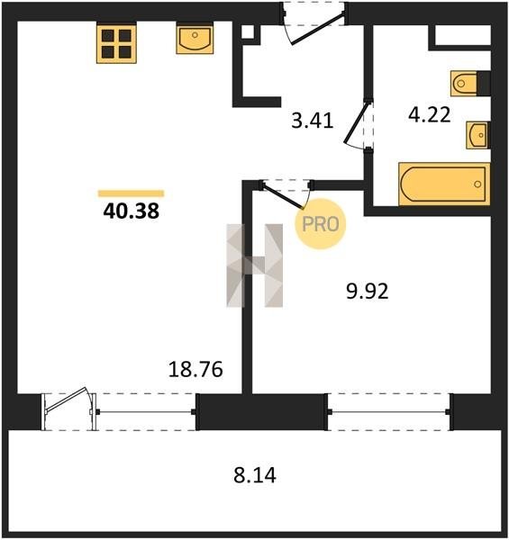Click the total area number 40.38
(x=131, y=211)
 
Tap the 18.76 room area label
(x=195, y=369)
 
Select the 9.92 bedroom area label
(x=368, y=291)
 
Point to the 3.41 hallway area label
(x=313, y=121)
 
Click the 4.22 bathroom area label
(x=430, y=114)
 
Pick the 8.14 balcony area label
(x=255, y=475)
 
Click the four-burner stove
(x=116, y=44)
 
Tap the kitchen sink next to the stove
(x=195, y=40)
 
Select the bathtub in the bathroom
(x=444, y=184)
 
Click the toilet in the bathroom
(x=465, y=84)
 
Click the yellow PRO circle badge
(x=320, y=224)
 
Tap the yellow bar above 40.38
(x=131, y=193)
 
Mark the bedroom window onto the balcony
(x=388, y=411)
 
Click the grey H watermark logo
(x=255, y=265)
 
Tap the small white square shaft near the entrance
(x=248, y=32)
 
